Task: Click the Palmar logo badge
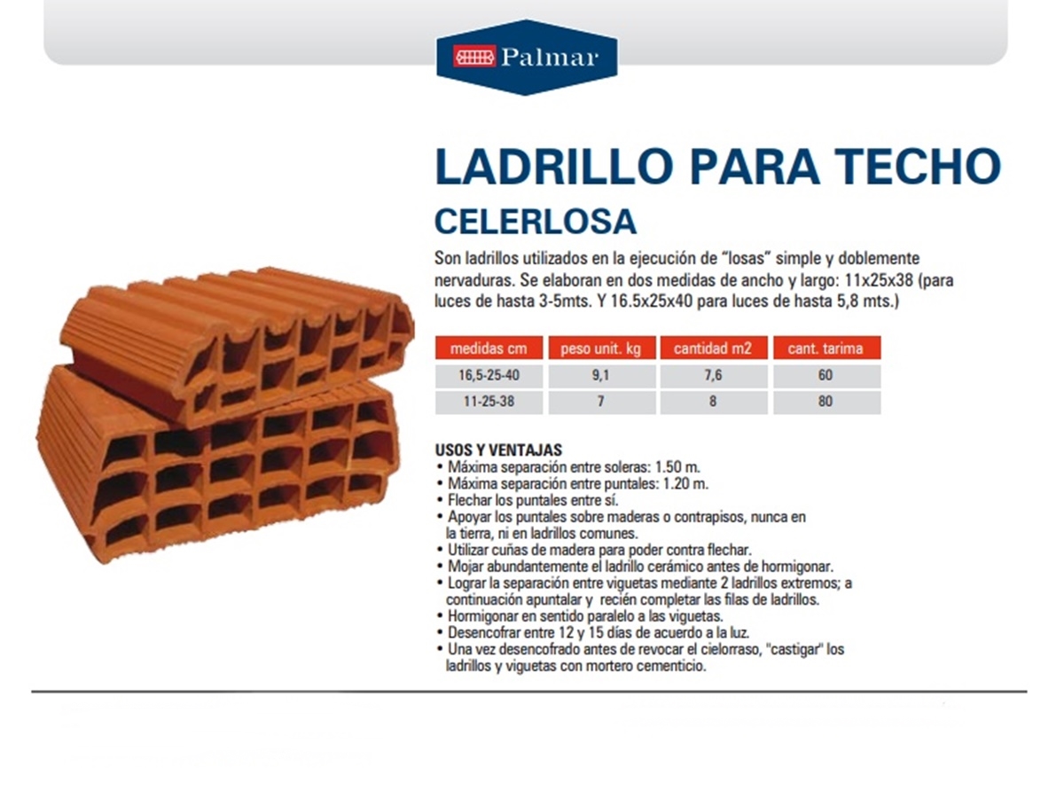(527, 57)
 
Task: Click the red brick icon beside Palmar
(474, 57)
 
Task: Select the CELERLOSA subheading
(536, 222)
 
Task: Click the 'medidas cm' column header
(489, 348)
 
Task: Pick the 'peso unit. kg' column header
(601, 348)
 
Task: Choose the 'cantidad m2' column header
(713, 348)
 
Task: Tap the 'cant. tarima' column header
(826, 348)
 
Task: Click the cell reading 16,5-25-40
(489, 375)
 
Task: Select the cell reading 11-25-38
(489, 402)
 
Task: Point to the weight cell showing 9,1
(601, 375)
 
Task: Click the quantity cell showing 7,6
(713, 375)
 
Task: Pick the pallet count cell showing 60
(826, 375)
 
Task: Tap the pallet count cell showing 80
(826, 402)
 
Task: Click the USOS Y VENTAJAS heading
(498, 450)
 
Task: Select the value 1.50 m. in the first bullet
(677, 467)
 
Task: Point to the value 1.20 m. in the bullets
(685, 483)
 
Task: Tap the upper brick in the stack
(238, 341)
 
